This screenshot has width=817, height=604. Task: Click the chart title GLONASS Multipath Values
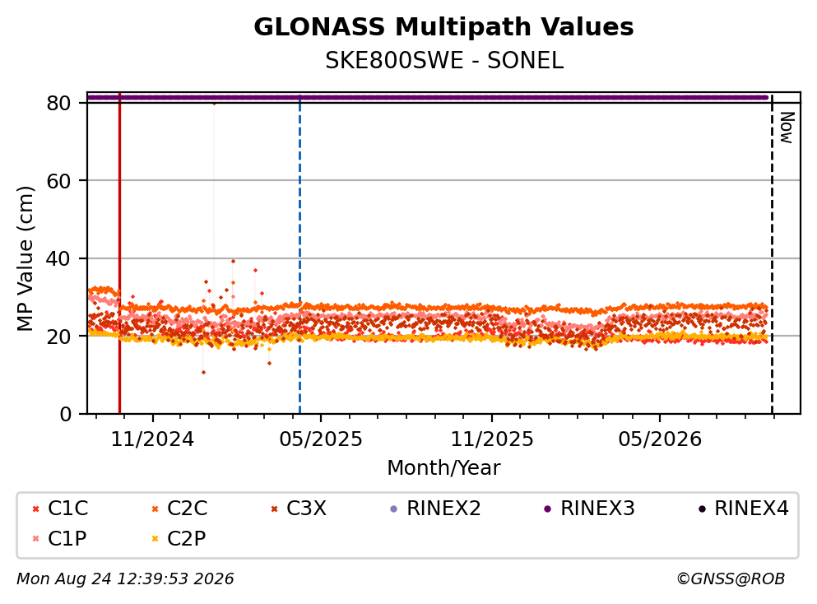click(443, 27)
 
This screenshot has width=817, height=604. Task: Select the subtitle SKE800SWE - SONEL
click(444, 61)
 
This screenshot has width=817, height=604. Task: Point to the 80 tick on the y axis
click(58, 103)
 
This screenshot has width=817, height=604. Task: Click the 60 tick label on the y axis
click(58, 181)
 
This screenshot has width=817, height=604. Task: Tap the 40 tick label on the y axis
click(58, 258)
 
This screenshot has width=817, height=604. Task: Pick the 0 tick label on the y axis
click(65, 414)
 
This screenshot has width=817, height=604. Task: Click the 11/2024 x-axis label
click(152, 439)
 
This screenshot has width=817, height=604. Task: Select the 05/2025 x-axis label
click(320, 439)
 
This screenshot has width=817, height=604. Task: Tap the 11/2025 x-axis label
click(492, 439)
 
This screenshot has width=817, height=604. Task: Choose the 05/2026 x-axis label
click(660, 439)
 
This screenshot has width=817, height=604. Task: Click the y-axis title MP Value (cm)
click(25, 258)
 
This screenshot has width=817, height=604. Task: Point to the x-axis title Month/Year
click(443, 467)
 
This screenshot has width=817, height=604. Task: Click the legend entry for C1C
click(60, 508)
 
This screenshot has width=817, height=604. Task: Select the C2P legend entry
click(179, 538)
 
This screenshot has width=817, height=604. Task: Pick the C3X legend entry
click(299, 508)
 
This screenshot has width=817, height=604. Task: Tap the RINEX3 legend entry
click(590, 508)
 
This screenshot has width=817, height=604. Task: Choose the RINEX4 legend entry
click(744, 508)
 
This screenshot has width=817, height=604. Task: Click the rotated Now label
click(787, 128)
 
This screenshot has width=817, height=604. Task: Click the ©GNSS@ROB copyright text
click(731, 578)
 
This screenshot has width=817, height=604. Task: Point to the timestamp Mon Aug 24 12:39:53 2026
click(125, 578)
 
